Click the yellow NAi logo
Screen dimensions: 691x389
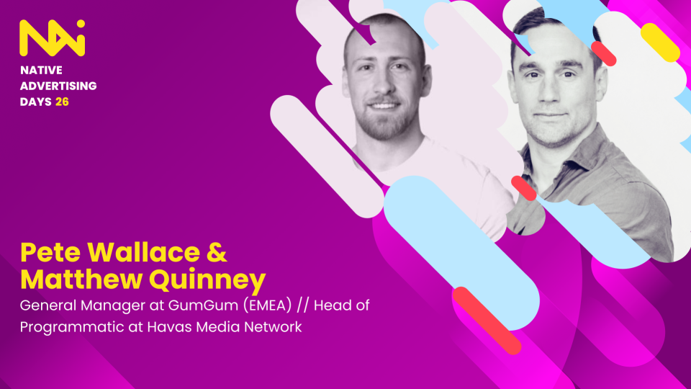(x=52, y=38)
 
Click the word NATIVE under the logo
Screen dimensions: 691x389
(x=41, y=70)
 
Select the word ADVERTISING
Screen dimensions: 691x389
(x=58, y=86)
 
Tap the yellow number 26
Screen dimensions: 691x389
(x=62, y=102)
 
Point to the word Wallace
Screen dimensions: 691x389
(x=144, y=252)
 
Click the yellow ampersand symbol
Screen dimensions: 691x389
(x=217, y=252)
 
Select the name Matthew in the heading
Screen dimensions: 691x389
(x=81, y=280)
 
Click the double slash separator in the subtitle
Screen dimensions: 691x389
(x=303, y=305)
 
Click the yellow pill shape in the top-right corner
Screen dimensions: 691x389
(x=660, y=43)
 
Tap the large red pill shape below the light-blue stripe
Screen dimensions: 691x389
(x=487, y=321)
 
